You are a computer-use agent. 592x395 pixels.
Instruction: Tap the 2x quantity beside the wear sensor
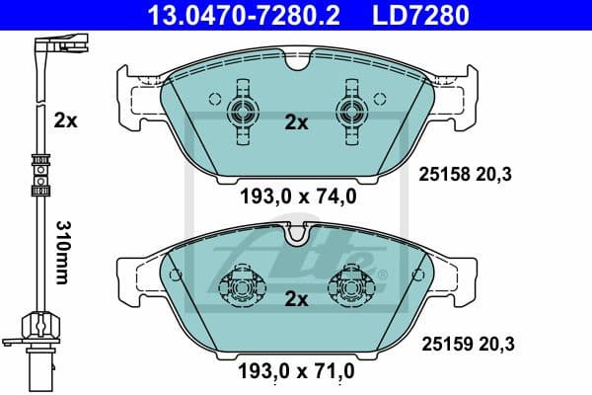point(65,120)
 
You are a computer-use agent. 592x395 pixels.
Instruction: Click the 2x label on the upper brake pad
point(296,123)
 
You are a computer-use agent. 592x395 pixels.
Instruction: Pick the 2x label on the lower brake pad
point(296,297)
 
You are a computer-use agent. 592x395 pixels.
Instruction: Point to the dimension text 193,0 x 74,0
point(297,196)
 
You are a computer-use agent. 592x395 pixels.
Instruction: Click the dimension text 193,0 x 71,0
point(297,372)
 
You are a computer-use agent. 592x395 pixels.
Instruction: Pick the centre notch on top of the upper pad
point(297,66)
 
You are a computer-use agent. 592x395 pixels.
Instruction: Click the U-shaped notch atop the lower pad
point(296,234)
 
